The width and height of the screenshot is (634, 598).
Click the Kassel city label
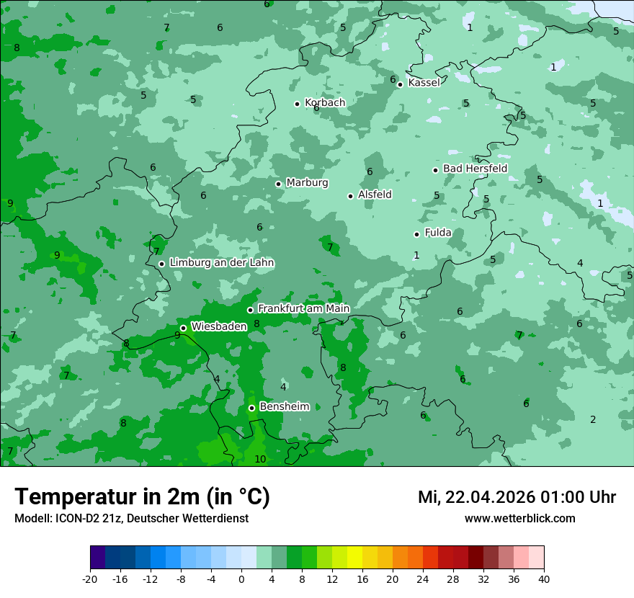click(x=424, y=83)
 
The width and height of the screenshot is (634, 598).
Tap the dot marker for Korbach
click(x=297, y=104)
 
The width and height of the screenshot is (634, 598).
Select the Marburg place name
click(x=307, y=183)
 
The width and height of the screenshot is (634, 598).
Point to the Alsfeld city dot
click(x=351, y=196)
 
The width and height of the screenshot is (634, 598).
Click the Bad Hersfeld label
click(x=475, y=169)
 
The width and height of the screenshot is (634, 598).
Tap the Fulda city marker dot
click(x=416, y=234)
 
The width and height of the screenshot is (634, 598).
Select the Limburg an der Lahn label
click(x=221, y=263)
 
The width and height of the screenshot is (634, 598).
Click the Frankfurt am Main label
click(x=303, y=308)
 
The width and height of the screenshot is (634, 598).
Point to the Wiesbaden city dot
click(x=183, y=328)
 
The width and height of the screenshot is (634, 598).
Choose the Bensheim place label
click(x=284, y=406)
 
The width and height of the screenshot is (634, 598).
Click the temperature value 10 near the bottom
click(x=260, y=459)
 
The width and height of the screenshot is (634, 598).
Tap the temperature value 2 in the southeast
click(x=593, y=419)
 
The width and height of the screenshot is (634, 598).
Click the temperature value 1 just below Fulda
click(x=416, y=255)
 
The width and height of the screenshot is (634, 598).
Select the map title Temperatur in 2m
click(x=142, y=496)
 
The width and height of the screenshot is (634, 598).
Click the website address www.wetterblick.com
click(x=519, y=518)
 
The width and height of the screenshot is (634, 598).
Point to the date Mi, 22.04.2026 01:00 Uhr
click(x=517, y=497)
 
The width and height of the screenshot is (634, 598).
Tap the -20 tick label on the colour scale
click(x=89, y=579)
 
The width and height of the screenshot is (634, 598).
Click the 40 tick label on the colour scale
click(x=543, y=579)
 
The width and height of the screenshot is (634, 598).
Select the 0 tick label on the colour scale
click(x=241, y=579)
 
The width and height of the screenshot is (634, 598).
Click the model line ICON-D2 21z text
click(x=131, y=518)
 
